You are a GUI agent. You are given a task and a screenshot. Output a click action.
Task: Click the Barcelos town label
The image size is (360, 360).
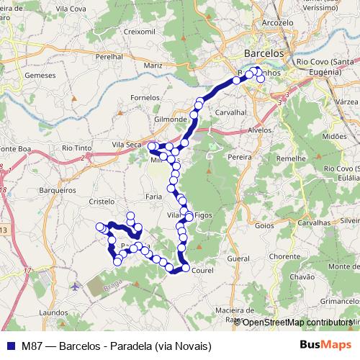coord(265,53)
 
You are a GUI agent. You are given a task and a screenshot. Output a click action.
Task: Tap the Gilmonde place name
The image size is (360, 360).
coord(171,119)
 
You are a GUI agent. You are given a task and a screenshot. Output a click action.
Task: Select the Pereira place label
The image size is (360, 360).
coord(238,156)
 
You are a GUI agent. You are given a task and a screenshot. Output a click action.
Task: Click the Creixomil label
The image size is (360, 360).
coord(139,32)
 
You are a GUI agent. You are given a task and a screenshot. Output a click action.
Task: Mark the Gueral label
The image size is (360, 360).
coord(238,258)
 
